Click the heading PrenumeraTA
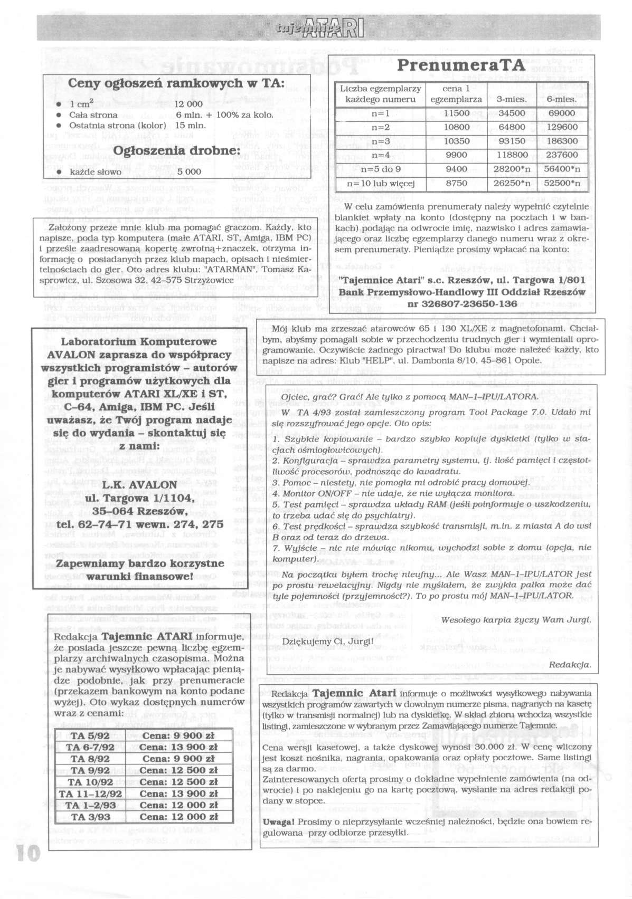(x=461, y=65)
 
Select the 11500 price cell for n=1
(x=457, y=113)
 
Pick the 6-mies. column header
(x=561, y=99)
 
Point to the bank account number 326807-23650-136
(x=461, y=303)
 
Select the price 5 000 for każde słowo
(x=189, y=171)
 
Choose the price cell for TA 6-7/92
(x=180, y=747)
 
